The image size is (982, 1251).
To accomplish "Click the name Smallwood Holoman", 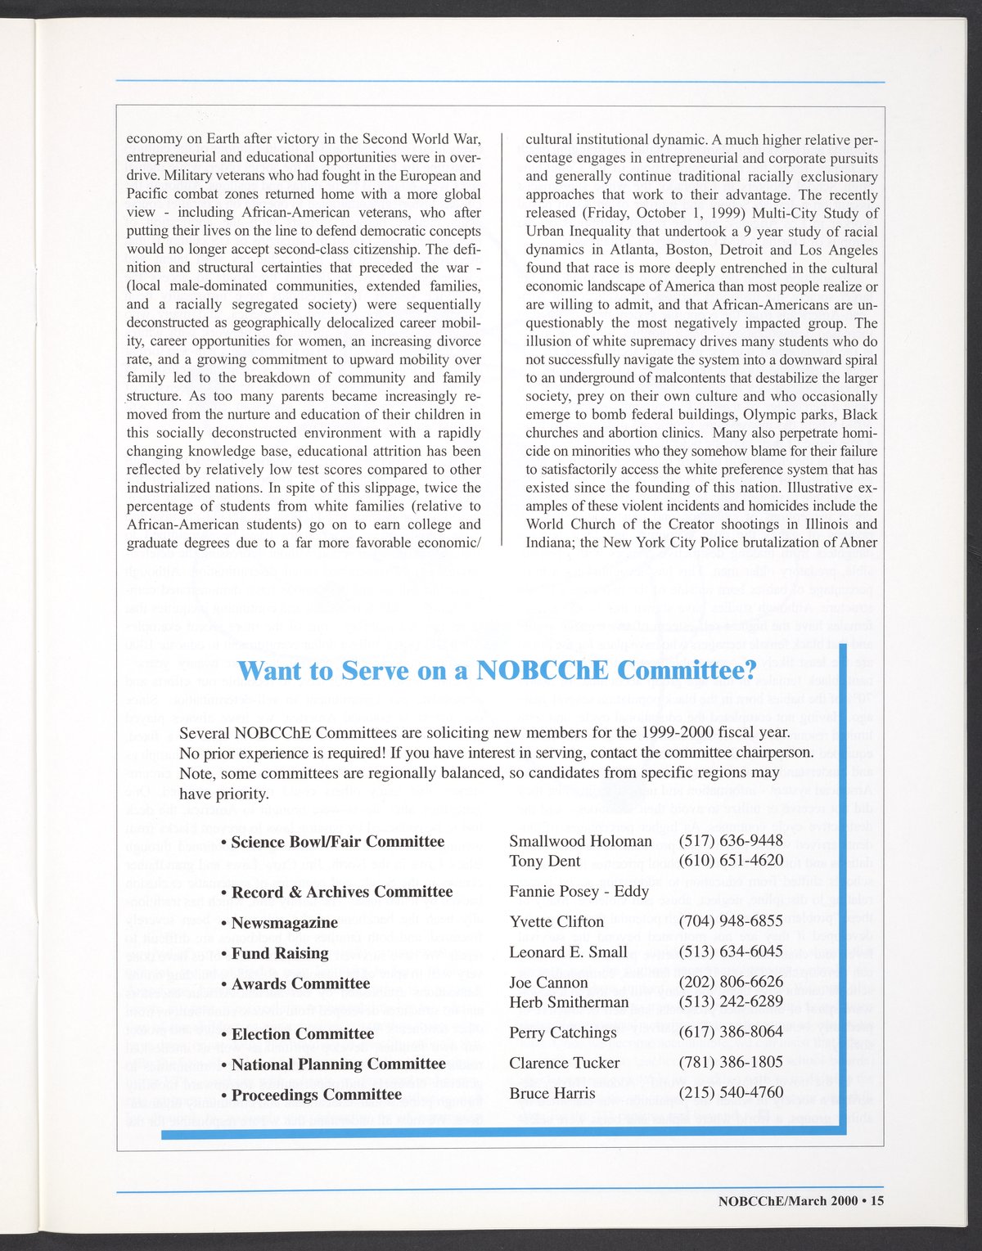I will (580, 841).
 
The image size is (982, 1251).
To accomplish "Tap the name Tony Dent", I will (544, 861).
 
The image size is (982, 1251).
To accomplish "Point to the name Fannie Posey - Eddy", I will (579, 891).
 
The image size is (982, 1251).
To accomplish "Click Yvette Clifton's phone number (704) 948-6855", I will (731, 921).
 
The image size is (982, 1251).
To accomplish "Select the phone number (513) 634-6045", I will (731, 952).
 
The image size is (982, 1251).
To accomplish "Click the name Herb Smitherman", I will (569, 1002).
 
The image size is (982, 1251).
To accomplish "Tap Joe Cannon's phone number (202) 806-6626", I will (731, 982).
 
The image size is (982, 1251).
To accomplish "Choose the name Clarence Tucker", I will (564, 1063).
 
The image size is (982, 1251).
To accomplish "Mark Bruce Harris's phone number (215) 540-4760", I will (731, 1093).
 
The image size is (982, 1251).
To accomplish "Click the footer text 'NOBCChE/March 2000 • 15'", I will (800, 1202).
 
